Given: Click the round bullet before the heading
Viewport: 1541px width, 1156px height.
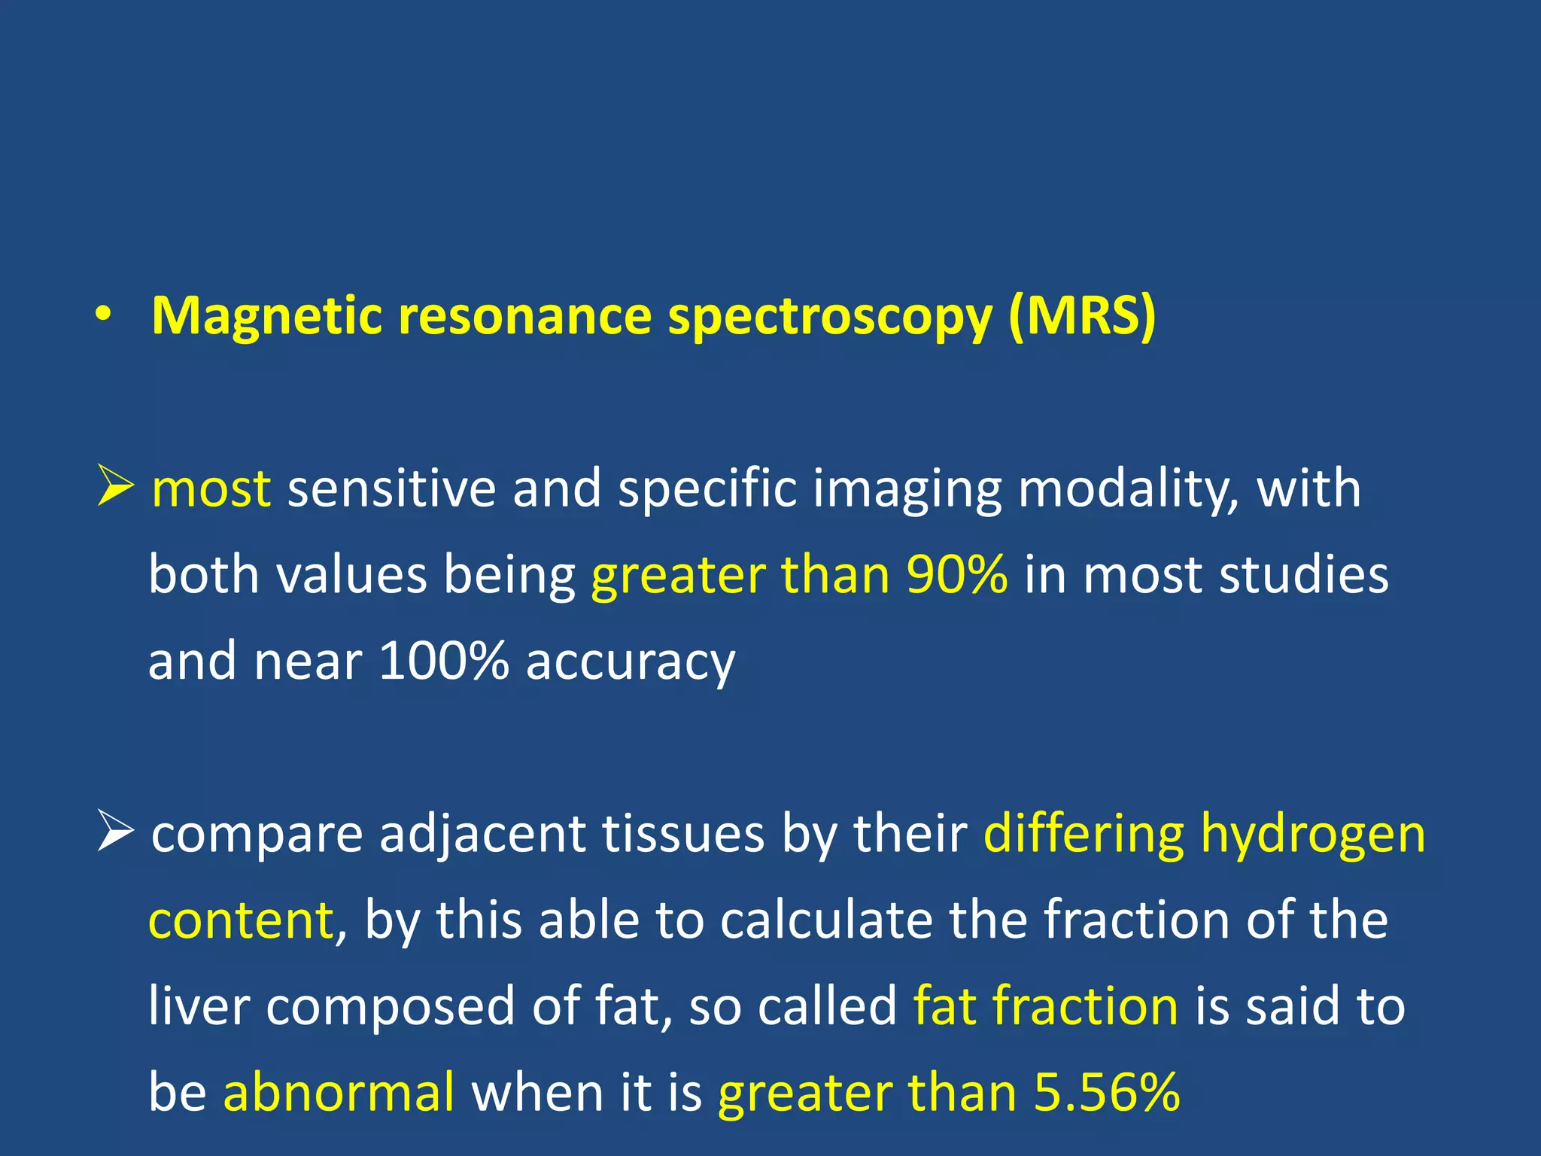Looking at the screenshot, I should pos(104,315).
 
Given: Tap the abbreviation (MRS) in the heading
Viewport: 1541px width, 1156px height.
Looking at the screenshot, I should pos(1081,316).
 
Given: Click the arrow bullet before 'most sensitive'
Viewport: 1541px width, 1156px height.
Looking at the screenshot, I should pos(115,486).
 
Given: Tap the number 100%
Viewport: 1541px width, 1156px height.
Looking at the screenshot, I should pos(443,661).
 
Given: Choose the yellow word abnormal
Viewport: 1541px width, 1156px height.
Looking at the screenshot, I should pos(339,1092).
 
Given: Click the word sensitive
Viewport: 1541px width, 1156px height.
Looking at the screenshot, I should pos(391,488).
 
